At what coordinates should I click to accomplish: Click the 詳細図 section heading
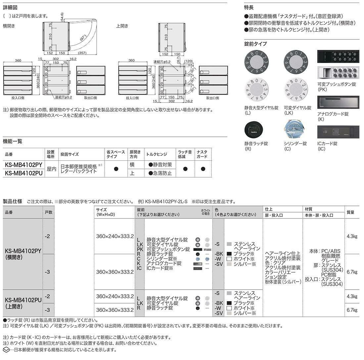pos(10,7)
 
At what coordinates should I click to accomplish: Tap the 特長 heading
pos(249,7)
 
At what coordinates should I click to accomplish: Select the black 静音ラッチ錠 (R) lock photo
pos(253,130)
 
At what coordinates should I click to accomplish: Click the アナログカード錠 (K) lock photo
pos(338,102)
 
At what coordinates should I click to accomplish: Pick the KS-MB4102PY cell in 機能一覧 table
pos(23,165)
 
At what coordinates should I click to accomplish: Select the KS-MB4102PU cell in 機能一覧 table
pos(23,173)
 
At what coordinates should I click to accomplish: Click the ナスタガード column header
pos(202,154)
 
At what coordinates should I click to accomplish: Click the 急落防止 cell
pos(160,173)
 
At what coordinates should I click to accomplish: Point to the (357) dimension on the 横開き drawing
pos(82,53)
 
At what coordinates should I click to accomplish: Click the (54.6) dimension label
pos(62,17)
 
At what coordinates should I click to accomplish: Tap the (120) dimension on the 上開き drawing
pos(188,61)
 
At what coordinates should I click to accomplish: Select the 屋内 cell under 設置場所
pos(51,169)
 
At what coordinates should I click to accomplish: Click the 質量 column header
pos(350,212)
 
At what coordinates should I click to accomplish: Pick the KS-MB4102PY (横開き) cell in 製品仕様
pos(23,254)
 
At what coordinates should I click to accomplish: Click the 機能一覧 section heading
pos(13,141)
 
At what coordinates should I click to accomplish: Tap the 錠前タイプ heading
pos(255,44)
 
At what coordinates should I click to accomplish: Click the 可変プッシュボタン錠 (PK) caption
pos(337,87)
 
